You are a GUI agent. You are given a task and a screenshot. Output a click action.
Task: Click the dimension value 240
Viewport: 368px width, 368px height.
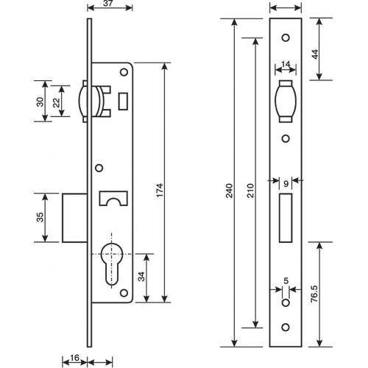[229, 191]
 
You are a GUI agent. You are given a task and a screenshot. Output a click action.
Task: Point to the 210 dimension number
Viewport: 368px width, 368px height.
[250, 191]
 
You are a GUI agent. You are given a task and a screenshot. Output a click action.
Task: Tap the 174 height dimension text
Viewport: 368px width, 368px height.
[160, 190]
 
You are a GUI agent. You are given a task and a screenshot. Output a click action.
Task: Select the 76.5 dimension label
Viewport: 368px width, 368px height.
[314, 294]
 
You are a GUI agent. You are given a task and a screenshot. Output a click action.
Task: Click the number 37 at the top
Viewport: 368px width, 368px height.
[107, 3]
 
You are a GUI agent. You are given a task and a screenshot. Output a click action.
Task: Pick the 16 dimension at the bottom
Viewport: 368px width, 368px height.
[74, 358]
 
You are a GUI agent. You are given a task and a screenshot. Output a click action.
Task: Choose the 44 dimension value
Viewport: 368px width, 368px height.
[315, 54]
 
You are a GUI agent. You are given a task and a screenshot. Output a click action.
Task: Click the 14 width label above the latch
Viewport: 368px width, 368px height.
[286, 64]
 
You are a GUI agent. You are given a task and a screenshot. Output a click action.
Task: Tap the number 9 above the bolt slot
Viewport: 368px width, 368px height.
[286, 184]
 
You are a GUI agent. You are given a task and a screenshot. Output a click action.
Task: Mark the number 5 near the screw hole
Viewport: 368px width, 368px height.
[286, 281]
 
